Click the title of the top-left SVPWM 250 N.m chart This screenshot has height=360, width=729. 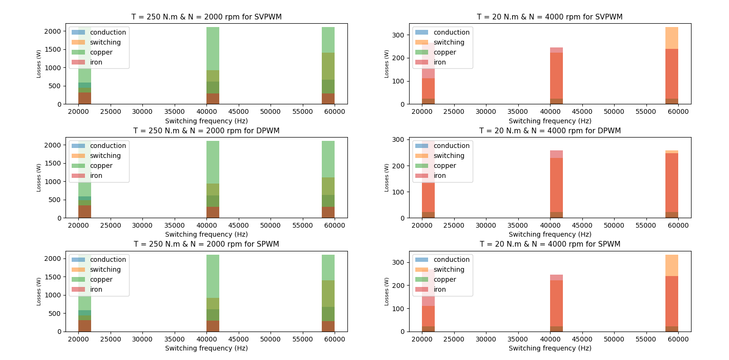tap(206, 17)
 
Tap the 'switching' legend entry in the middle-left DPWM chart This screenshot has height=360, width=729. tap(105, 156)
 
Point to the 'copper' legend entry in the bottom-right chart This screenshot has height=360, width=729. tap(446, 279)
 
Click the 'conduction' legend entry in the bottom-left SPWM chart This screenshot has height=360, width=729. tap(108, 259)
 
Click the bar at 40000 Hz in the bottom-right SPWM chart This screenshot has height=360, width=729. tap(556, 303)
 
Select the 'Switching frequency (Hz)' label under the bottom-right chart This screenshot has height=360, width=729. tap(550, 348)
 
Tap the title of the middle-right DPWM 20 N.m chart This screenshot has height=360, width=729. tap(550, 131)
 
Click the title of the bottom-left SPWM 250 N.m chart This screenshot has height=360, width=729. tap(206, 244)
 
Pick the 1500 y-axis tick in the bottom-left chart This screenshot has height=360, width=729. tap(54, 277)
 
